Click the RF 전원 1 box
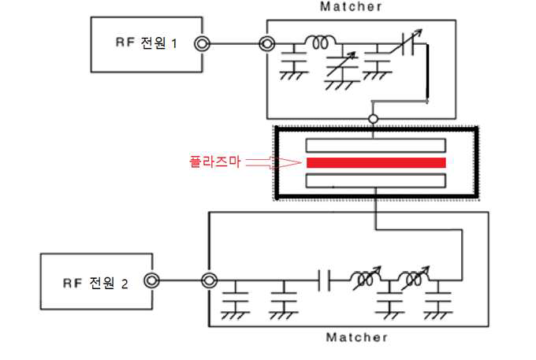(x=145, y=44)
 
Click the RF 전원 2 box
(x=95, y=280)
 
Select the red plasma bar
(x=376, y=162)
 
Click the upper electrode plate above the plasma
(x=376, y=145)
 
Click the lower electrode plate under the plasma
(x=376, y=180)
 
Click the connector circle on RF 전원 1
(x=203, y=44)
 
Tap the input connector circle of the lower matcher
(x=209, y=280)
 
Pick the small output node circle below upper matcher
(x=373, y=119)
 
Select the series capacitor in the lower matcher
(x=323, y=279)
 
